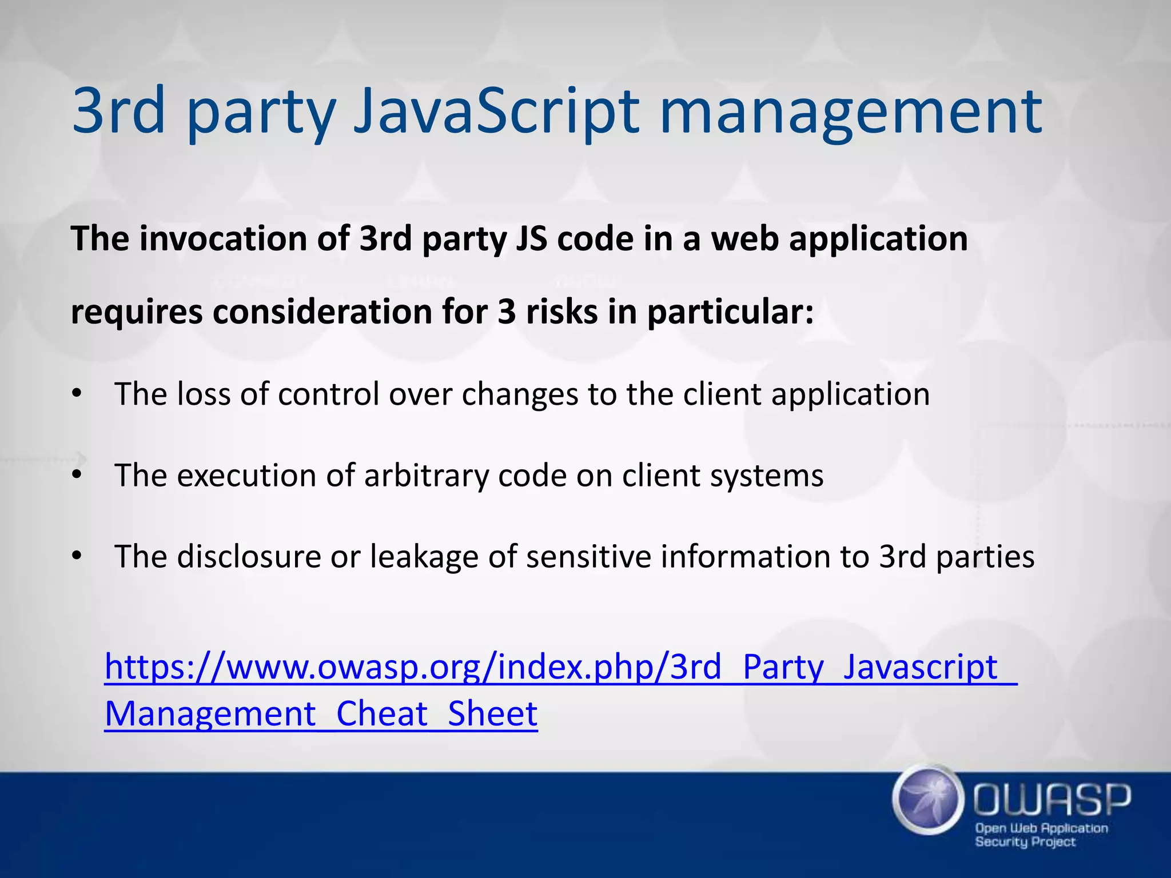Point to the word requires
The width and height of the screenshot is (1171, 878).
(x=136, y=313)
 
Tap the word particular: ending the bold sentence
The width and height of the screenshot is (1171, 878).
(x=730, y=313)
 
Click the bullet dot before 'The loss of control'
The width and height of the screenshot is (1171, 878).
(x=77, y=394)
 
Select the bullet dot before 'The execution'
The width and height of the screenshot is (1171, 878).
(x=77, y=475)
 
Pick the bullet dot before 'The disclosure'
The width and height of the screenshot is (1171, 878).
(x=77, y=556)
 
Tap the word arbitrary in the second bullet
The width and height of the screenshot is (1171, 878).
(x=426, y=475)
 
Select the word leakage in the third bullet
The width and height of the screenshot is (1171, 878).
(x=424, y=556)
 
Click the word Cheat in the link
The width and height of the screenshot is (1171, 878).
(x=381, y=713)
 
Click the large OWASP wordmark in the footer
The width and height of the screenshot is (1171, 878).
(x=1051, y=799)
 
